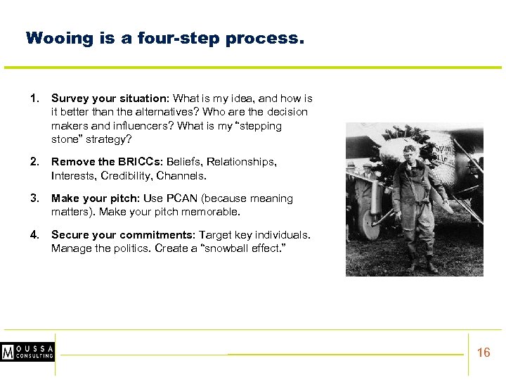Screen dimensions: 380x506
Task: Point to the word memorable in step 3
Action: (x=215, y=212)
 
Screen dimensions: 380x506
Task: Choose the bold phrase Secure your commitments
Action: (x=123, y=235)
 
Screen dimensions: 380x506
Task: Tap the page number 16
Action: (x=484, y=353)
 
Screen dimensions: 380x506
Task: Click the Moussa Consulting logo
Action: (x=27, y=353)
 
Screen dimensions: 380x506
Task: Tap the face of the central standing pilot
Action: (x=410, y=153)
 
